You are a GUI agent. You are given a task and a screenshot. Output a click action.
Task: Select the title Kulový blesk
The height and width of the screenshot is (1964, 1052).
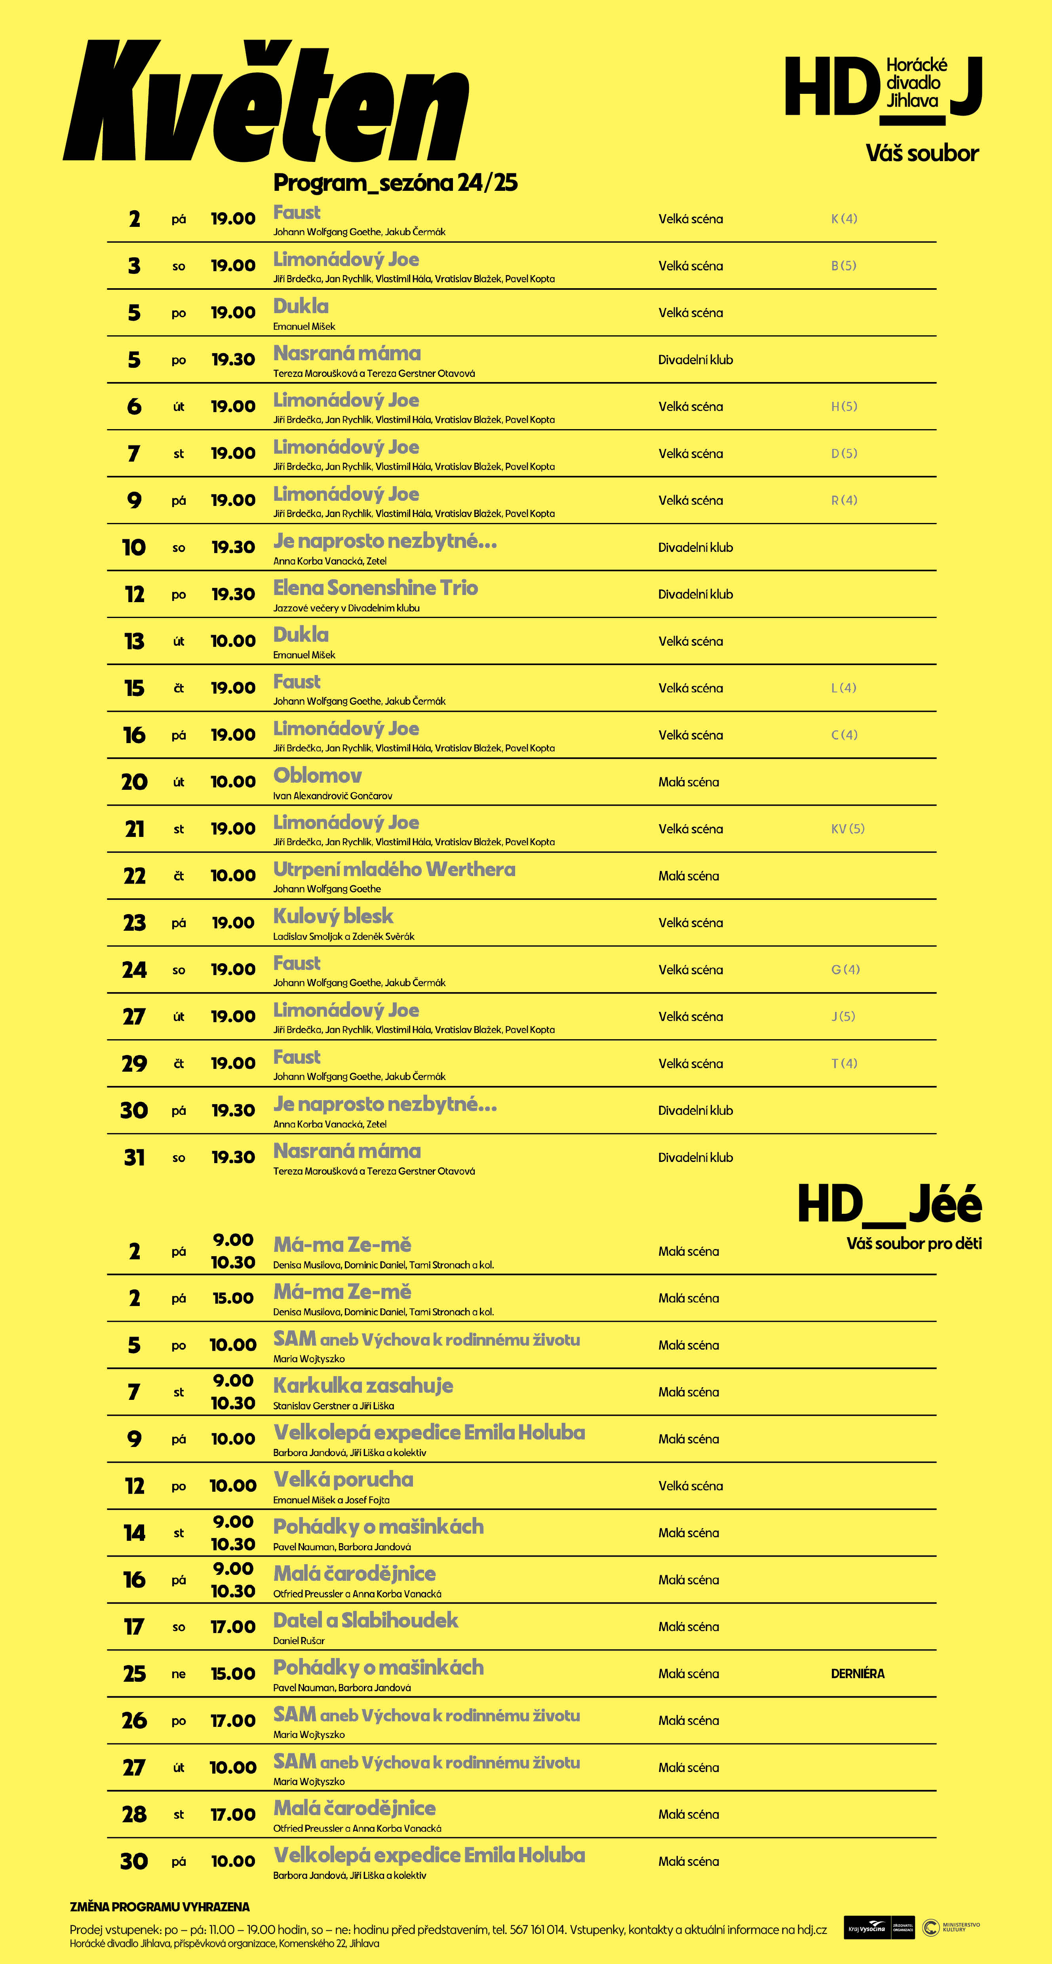(x=333, y=916)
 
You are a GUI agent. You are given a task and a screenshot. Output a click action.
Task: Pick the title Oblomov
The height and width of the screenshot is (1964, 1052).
(x=317, y=776)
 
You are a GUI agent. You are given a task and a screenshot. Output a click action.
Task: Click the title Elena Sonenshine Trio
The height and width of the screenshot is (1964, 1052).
(x=375, y=588)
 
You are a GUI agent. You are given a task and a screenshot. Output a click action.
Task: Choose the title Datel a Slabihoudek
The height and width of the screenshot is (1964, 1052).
(x=365, y=1620)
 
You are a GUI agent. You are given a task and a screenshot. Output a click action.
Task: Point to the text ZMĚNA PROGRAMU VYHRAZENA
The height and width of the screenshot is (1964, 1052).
(x=159, y=1907)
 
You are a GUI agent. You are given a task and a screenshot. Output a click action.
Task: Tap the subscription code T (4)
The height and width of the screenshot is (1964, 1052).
(x=844, y=1064)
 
